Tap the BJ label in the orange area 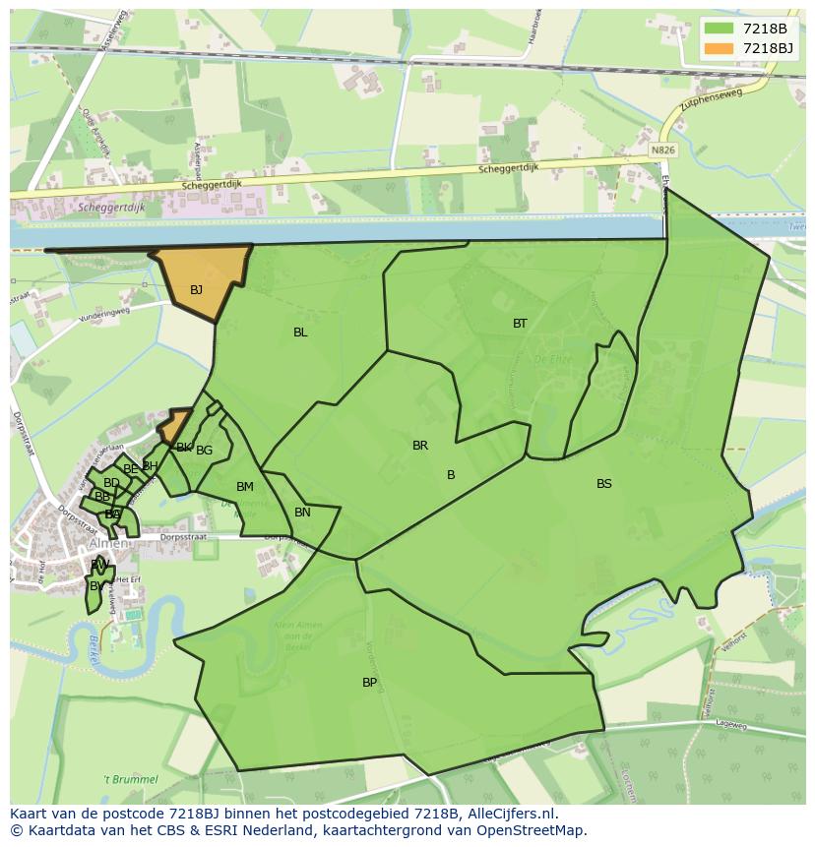pos(197,289)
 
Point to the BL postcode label pos(300,333)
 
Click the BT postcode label pos(520,324)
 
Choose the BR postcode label pos(420,446)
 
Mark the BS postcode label pos(604,484)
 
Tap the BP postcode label pos(369,683)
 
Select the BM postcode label pos(245,487)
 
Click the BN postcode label pos(302,513)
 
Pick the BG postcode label pos(205,451)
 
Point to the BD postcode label pos(111,483)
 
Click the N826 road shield pos(663,151)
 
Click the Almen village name pos(108,544)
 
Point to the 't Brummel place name pos(132,779)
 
